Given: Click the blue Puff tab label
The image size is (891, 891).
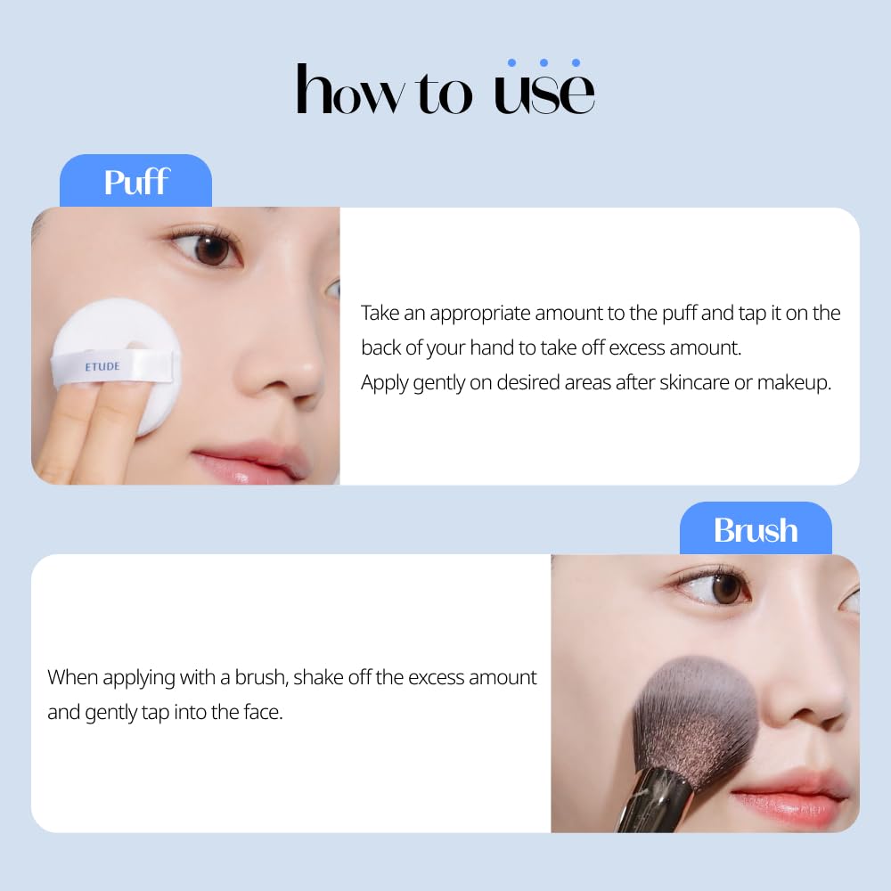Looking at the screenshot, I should click(136, 182).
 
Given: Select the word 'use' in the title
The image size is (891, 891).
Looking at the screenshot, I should click(544, 93).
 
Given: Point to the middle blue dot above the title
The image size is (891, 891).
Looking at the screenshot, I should click(544, 62).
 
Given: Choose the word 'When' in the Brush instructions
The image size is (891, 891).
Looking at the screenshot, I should click(72, 677).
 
